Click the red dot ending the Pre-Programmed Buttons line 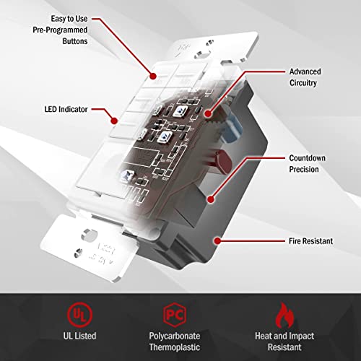pos(152,74)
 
